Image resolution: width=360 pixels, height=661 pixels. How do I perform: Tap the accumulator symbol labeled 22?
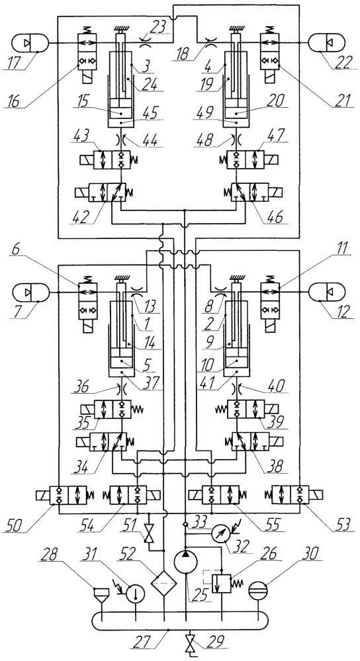click(327, 43)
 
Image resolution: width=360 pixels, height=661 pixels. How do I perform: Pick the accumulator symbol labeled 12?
click(327, 292)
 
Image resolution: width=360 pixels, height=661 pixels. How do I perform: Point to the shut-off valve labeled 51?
click(150, 533)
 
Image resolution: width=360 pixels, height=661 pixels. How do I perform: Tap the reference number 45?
click(147, 112)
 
